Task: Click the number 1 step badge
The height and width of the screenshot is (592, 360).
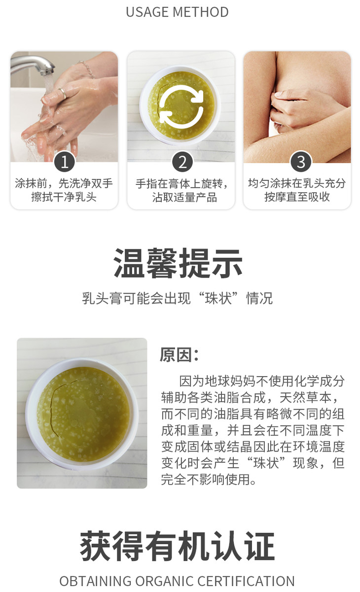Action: click(x=64, y=162)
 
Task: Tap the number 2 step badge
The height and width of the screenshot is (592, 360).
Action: click(x=182, y=162)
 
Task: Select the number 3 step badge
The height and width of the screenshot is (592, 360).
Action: click(x=300, y=162)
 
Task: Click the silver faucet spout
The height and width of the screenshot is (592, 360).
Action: click(x=32, y=65)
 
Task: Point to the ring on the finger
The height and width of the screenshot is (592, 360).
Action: click(x=63, y=93)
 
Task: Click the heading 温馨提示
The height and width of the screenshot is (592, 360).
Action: click(x=178, y=263)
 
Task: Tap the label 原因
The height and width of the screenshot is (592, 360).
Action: click(x=176, y=355)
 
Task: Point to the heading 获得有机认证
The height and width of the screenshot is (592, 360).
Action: click(x=177, y=546)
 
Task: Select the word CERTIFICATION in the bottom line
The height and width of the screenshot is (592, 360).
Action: click(x=246, y=581)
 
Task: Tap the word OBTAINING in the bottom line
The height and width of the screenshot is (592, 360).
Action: click(x=95, y=581)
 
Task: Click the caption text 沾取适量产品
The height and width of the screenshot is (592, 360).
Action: click(x=184, y=197)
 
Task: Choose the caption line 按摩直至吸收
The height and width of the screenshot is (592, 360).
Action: click(x=297, y=197)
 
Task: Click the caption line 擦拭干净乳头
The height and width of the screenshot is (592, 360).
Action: click(x=64, y=197)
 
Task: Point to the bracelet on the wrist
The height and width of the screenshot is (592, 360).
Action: click(x=87, y=69)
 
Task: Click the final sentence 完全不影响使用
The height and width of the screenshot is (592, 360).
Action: click(x=208, y=480)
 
